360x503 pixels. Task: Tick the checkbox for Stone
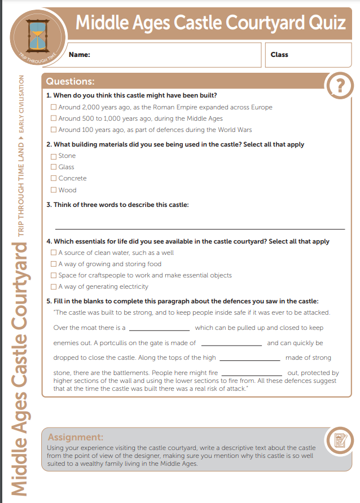pyautogui.click(x=54, y=156)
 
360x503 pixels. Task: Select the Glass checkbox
pyautogui.click(x=54, y=167)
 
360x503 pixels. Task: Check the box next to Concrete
pyautogui.click(x=54, y=179)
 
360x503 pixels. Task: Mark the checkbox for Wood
pyautogui.click(x=54, y=190)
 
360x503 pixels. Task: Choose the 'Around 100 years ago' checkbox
pyautogui.click(x=54, y=130)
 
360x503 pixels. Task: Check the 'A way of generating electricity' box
pyautogui.click(x=54, y=287)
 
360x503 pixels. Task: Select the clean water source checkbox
pyautogui.click(x=54, y=253)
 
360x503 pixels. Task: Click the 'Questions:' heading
pyautogui.click(x=70, y=82)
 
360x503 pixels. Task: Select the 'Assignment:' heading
pyautogui.click(x=76, y=437)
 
